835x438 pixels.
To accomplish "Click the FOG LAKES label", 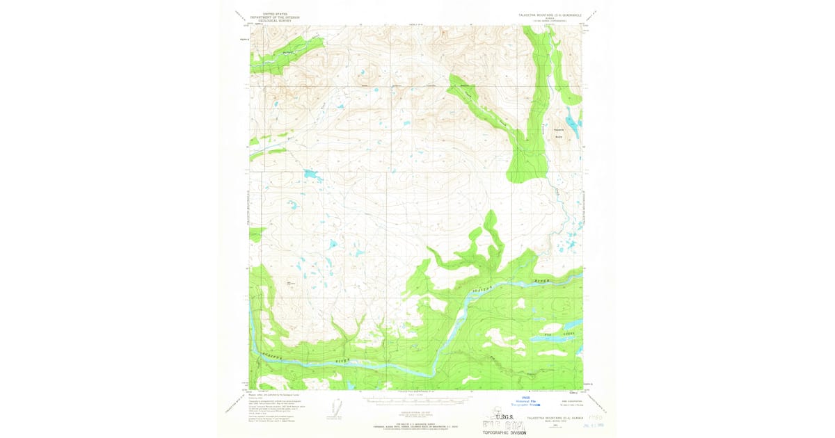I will [562, 334].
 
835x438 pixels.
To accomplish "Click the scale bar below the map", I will [415, 402].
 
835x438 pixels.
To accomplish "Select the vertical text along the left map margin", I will [248, 209].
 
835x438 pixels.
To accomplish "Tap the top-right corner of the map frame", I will [581, 26].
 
